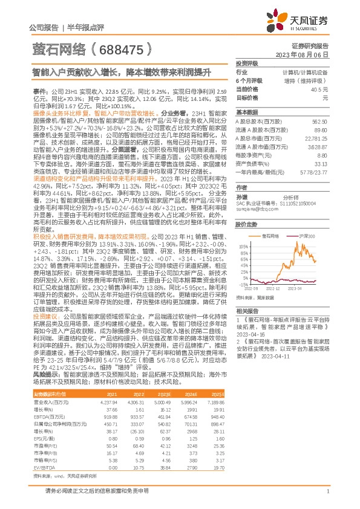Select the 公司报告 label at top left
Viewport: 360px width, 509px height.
44,28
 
